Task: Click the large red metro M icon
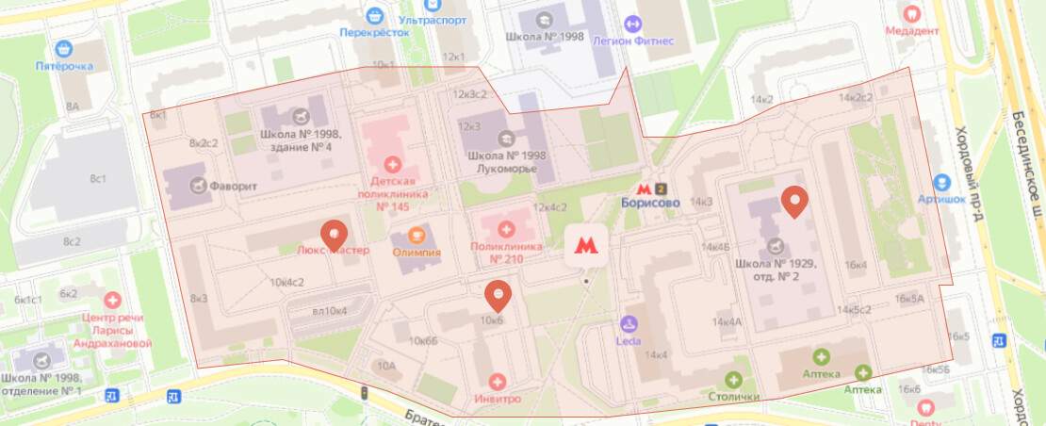click(x=585, y=247)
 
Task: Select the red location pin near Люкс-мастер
click(x=334, y=235)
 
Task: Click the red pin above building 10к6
click(x=497, y=296)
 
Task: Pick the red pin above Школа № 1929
click(x=796, y=202)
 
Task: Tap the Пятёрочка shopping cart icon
click(x=64, y=49)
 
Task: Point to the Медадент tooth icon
click(x=910, y=13)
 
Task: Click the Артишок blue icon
click(x=940, y=182)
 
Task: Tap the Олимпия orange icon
click(x=417, y=234)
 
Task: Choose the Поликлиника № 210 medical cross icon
click(x=507, y=228)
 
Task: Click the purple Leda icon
click(x=629, y=324)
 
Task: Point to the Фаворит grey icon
click(x=199, y=186)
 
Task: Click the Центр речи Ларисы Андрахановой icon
click(x=113, y=300)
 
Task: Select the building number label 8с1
click(x=98, y=179)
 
